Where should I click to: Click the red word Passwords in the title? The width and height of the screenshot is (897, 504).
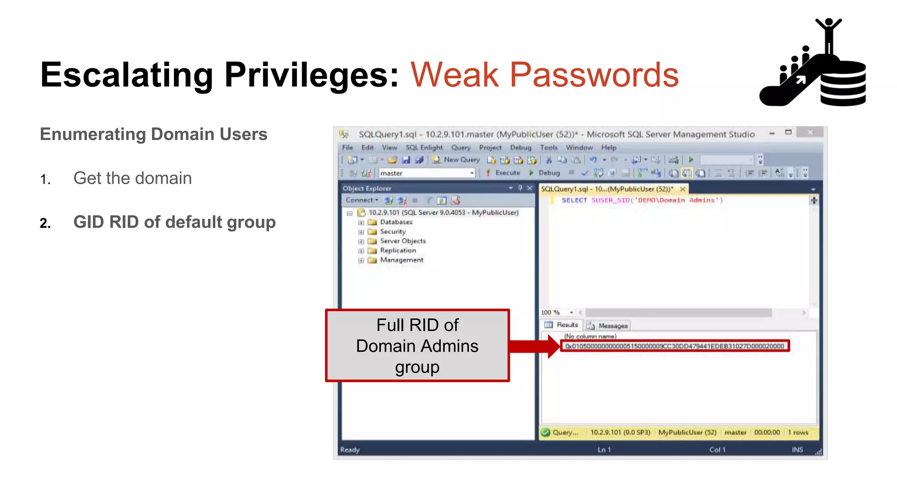594,75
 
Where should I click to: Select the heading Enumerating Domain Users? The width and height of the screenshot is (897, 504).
153,134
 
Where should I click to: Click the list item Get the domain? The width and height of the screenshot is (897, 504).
132,178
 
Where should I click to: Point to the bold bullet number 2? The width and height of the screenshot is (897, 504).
45,223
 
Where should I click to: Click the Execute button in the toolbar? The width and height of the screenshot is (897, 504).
507,173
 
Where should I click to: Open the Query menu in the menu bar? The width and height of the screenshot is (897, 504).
461,147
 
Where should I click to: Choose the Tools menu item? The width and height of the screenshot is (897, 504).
548,147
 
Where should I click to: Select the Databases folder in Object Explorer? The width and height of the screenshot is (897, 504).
396,222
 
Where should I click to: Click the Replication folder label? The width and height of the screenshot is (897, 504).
398,250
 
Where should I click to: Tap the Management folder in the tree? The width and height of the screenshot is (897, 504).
401,260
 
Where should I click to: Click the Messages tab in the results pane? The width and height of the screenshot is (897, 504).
612,325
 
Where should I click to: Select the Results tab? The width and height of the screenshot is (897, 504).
567,325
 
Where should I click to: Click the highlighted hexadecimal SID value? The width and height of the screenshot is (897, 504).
675,346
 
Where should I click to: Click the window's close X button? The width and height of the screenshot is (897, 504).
810,132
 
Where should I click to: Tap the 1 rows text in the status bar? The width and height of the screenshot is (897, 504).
798,432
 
